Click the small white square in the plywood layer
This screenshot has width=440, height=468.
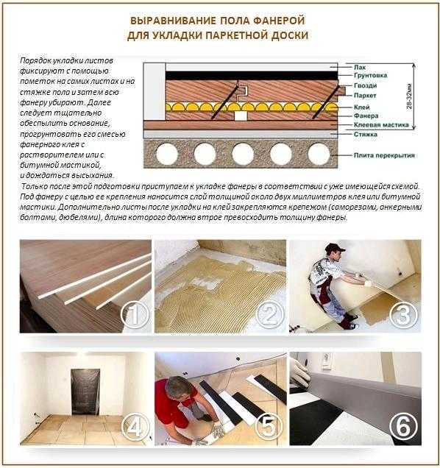tap(240, 115)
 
